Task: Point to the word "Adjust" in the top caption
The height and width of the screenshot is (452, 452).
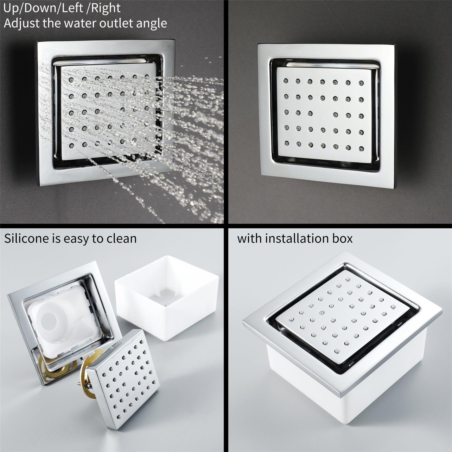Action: pyautogui.click(x=21, y=23)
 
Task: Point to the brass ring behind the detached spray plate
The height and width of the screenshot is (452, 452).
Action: pyautogui.click(x=86, y=367)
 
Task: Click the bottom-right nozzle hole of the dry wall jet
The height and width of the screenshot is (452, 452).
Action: pyautogui.click(x=361, y=148)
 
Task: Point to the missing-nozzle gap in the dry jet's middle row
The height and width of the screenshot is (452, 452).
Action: pyautogui.click(x=323, y=114)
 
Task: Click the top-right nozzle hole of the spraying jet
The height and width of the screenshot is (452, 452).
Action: pyautogui.click(x=147, y=76)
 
